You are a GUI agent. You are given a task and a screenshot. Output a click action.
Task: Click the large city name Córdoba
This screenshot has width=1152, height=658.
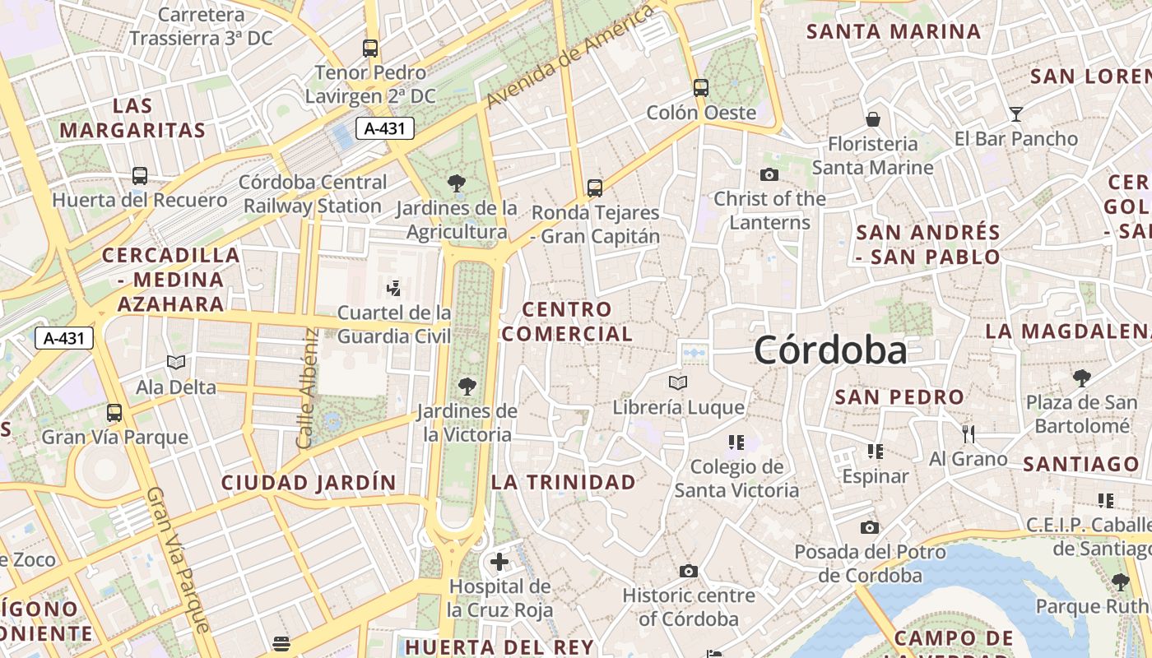coord(830,351)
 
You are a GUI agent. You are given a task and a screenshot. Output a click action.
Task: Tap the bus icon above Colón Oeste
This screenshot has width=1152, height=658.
coord(700,87)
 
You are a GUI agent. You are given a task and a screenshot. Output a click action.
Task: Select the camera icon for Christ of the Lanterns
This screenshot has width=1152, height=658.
coord(769,174)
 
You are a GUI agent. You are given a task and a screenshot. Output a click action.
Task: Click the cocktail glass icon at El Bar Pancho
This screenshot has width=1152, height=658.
coord(1016,114)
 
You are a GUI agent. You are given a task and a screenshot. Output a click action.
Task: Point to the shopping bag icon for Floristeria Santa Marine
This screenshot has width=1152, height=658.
coord(873,119)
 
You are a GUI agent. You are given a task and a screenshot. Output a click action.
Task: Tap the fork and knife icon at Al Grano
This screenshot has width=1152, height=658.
coord(969,433)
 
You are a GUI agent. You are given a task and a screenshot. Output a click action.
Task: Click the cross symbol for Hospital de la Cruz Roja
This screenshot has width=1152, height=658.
coord(499,562)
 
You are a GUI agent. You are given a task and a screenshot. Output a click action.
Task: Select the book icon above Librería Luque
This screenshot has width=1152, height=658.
coord(678,382)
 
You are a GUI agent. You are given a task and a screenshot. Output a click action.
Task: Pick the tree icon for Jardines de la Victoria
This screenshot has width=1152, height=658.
coord(467,386)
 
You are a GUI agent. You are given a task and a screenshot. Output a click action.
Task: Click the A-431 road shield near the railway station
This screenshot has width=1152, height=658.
coord(384,128)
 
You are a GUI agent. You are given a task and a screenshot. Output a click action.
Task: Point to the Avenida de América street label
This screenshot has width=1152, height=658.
coord(570,56)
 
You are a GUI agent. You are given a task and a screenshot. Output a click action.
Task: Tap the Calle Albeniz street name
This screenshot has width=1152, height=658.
coord(307,388)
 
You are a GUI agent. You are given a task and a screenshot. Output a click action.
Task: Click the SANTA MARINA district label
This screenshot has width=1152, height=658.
coord(894,32)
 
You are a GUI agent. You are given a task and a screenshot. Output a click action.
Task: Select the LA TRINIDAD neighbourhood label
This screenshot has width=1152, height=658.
coord(564,482)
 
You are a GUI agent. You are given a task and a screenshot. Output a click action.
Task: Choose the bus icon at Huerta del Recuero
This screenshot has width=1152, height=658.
coord(140,175)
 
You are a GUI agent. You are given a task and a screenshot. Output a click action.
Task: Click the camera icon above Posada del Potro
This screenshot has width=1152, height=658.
coord(870,527)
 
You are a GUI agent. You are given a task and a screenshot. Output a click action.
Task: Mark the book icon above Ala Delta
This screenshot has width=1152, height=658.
coord(176,362)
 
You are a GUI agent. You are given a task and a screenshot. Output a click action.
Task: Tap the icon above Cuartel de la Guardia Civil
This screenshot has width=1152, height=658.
coord(394,288)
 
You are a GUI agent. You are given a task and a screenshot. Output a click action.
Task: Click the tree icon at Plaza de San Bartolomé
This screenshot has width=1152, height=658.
coord(1082,378)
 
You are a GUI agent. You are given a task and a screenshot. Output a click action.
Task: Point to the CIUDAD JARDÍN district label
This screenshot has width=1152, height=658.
coord(309,483)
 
